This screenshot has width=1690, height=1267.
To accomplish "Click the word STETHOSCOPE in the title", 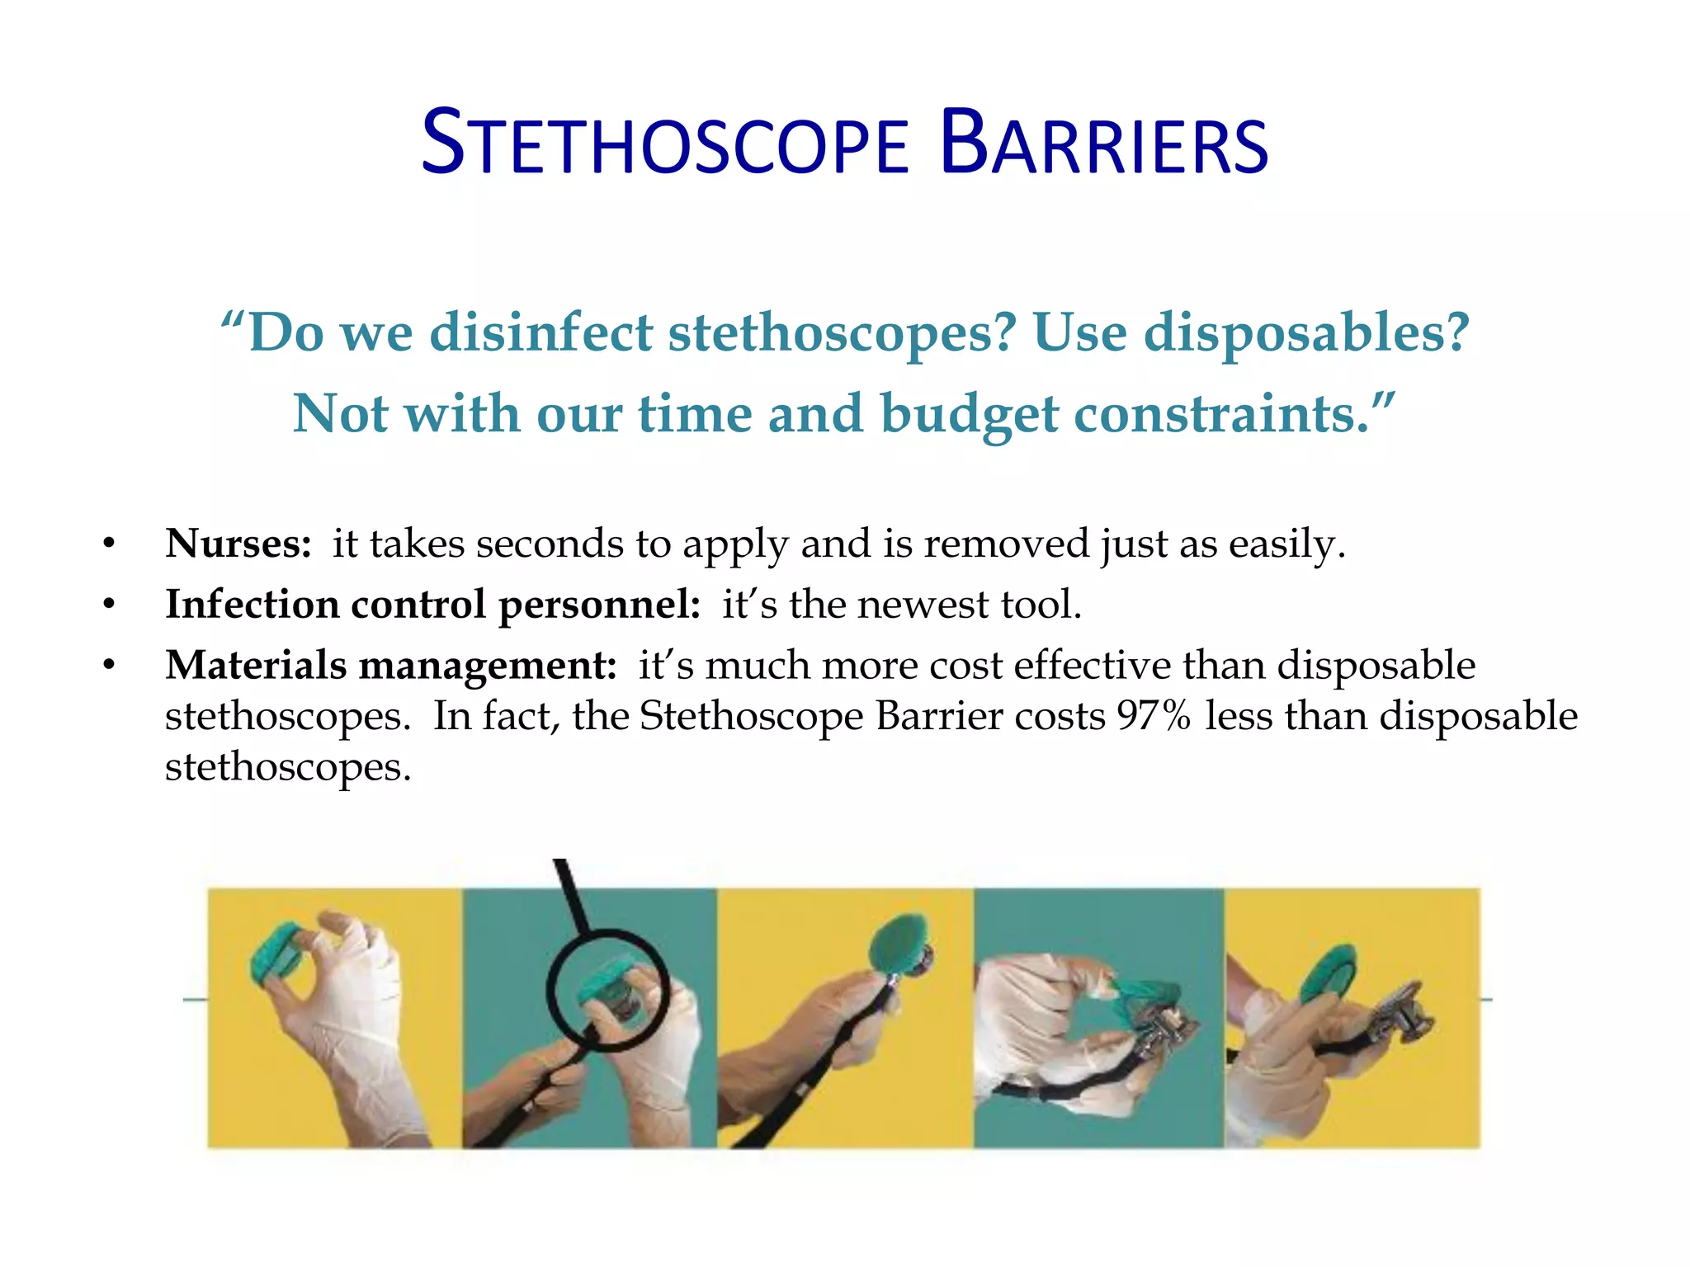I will [x=665, y=145].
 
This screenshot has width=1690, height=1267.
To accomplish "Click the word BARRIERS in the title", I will [x=1104, y=145].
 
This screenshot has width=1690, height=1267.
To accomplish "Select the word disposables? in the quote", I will [x=1306, y=333].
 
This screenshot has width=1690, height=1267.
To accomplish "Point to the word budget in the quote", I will [x=969, y=414].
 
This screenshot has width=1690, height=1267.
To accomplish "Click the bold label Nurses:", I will [x=238, y=544].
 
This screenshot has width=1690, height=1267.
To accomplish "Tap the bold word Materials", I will [x=256, y=665].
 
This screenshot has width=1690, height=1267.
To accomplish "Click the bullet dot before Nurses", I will [x=109, y=544].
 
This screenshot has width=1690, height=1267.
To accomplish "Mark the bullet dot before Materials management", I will [x=109, y=666].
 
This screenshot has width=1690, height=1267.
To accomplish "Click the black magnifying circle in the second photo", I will [x=607, y=989].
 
